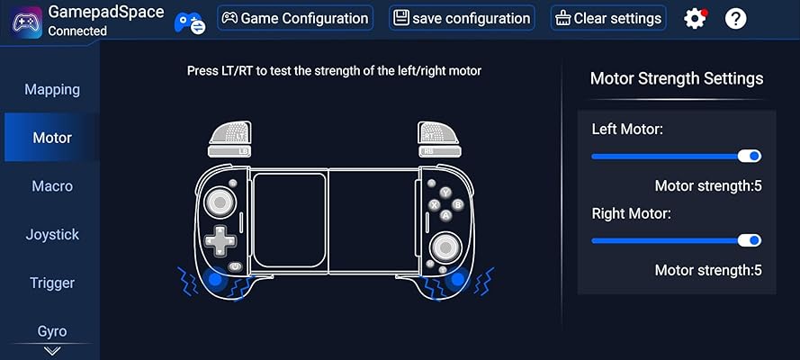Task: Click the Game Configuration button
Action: click(x=295, y=18)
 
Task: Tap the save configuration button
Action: click(x=462, y=18)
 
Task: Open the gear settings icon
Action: click(x=695, y=19)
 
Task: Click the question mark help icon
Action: click(x=736, y=19)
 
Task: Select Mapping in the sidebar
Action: click(x=52, y=90)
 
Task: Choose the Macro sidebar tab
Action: click(x=52, y=186)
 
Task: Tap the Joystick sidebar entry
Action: click(x=52, y=235)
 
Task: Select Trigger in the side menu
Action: click(x=52, y=283)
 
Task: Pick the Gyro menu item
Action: click(x=52, y=331)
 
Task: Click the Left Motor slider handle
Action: click(x=750, y=156)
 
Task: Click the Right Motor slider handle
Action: click(x=750, y=240)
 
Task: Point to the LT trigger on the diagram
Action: click(x=230, y=132)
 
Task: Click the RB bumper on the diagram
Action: click(x=439, y=151)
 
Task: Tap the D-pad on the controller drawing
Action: click(x=220, y=240)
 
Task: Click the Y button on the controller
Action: click(x=446, y=193)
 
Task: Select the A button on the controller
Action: click(x=445, y=216)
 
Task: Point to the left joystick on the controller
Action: click(x=220, y=202)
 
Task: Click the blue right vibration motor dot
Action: click(x=458, y=279)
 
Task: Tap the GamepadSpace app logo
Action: click(x=26, y=22)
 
